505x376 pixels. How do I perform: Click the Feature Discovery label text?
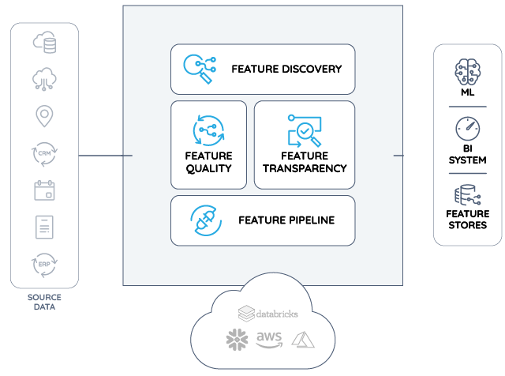point(286,69)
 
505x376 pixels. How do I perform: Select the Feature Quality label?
point(208,162)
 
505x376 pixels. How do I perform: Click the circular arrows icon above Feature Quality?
point(208,130)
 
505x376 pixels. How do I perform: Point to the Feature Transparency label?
point(304,162)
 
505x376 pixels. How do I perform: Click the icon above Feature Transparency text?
point(303,130)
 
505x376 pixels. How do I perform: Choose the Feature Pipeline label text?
point(286,220)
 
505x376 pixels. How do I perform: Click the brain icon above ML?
point(467,73)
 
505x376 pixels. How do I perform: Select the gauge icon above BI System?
point(467,129)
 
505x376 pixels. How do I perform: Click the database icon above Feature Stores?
point(467,195)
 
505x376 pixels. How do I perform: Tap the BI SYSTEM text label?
point(467,154)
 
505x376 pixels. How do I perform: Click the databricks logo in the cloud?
point(268,314)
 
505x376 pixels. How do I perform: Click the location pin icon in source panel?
point(44,116)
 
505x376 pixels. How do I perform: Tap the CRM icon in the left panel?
point(44,152)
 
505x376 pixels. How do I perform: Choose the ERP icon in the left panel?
point(44,263)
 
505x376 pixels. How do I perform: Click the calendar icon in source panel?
point(44,190)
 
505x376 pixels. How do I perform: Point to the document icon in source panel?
point(44,227)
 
